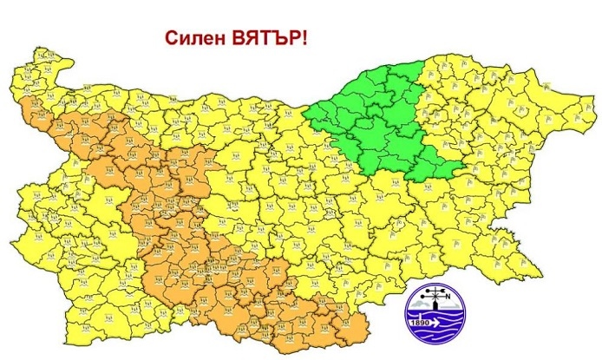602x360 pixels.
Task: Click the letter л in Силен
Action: (191, 40)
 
